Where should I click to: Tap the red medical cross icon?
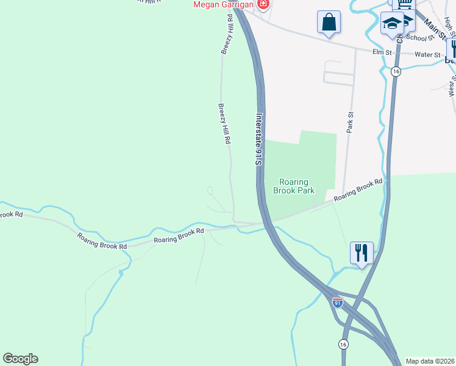pos(263,5)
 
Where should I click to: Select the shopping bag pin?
pos(329,22)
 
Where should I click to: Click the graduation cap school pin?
pos(393,24)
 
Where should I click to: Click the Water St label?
pos(427,55)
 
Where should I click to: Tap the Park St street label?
pos(350,123)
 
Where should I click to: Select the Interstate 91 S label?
pos(258,139)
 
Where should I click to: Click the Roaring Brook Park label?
pos(297,186)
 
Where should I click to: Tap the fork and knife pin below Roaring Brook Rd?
pos(362,252)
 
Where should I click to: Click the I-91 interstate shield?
pos(338,302)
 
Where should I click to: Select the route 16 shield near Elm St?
pos(396,71)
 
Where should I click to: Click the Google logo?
pos(20,358)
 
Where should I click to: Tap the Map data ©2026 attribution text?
pos(430,361)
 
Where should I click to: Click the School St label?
pos(419,38)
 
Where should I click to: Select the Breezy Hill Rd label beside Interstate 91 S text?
pos(224,123)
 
